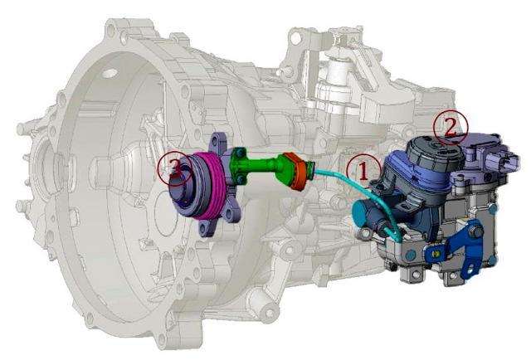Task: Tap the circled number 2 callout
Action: pos(451,128)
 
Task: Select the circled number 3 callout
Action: pos(175,168)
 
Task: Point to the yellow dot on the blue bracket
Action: pos(437,253)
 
